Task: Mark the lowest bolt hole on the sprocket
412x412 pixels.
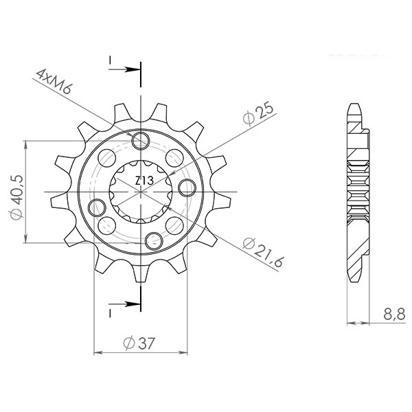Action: point(154,240)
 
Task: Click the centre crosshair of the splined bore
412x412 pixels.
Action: point(141,192)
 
